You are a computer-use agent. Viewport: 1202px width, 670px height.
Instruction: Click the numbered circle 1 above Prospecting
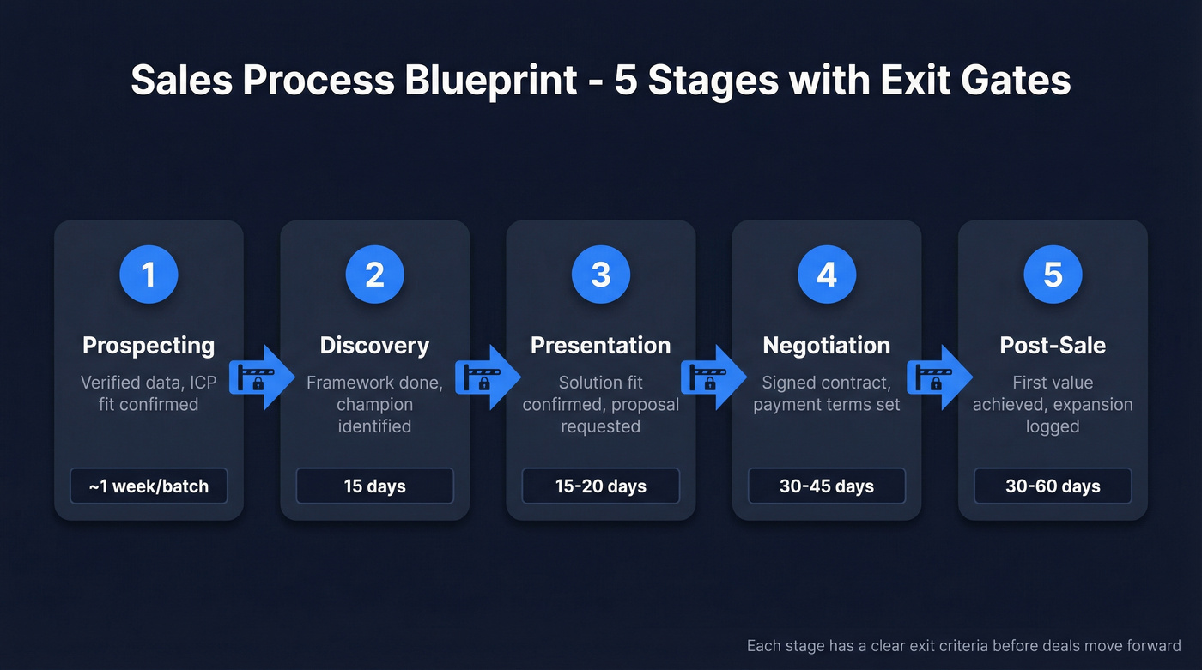point(149,275)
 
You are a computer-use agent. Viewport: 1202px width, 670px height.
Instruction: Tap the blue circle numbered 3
point(600,275)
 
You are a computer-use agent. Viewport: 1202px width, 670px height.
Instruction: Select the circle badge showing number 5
point(1053,275)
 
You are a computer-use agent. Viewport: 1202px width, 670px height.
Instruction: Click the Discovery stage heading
point(374,345)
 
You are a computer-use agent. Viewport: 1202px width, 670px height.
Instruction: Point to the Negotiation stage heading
point(826,345)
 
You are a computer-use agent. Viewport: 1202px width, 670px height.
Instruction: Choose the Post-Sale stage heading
point(1053,345)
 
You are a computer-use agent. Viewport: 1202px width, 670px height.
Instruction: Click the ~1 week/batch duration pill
point(149,486)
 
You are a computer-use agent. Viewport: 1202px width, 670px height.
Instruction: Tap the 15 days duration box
point(374,486)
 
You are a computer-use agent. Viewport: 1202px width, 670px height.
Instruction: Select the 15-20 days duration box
point(600,486)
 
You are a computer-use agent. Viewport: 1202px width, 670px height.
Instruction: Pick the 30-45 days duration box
point(826,486)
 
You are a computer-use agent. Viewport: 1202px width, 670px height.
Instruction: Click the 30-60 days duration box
point(1053,486)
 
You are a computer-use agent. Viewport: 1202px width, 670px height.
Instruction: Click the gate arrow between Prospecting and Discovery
point(262,377)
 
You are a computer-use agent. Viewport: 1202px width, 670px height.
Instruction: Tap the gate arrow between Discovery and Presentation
point(488,377)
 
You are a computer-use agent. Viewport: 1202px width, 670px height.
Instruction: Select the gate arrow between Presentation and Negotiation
point(713,377)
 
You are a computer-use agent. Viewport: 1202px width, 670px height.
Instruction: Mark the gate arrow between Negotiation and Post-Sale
point(939,377)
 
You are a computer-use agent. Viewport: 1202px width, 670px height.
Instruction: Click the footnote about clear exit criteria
point(963,645)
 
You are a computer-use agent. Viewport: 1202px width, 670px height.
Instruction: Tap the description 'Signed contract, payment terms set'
point(826,393)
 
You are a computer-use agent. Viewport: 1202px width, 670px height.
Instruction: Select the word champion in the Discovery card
point(374,404)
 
